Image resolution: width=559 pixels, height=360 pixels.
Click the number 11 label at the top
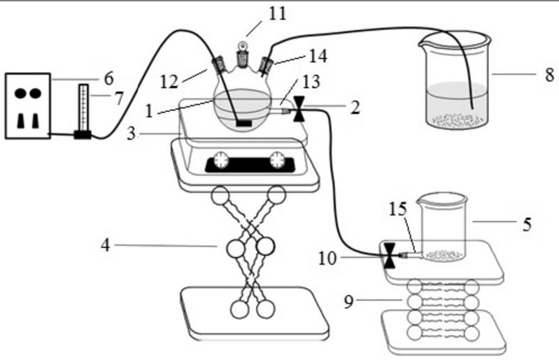278,13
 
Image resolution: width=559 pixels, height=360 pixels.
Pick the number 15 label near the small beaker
396,208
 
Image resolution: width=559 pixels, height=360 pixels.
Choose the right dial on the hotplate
278,159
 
